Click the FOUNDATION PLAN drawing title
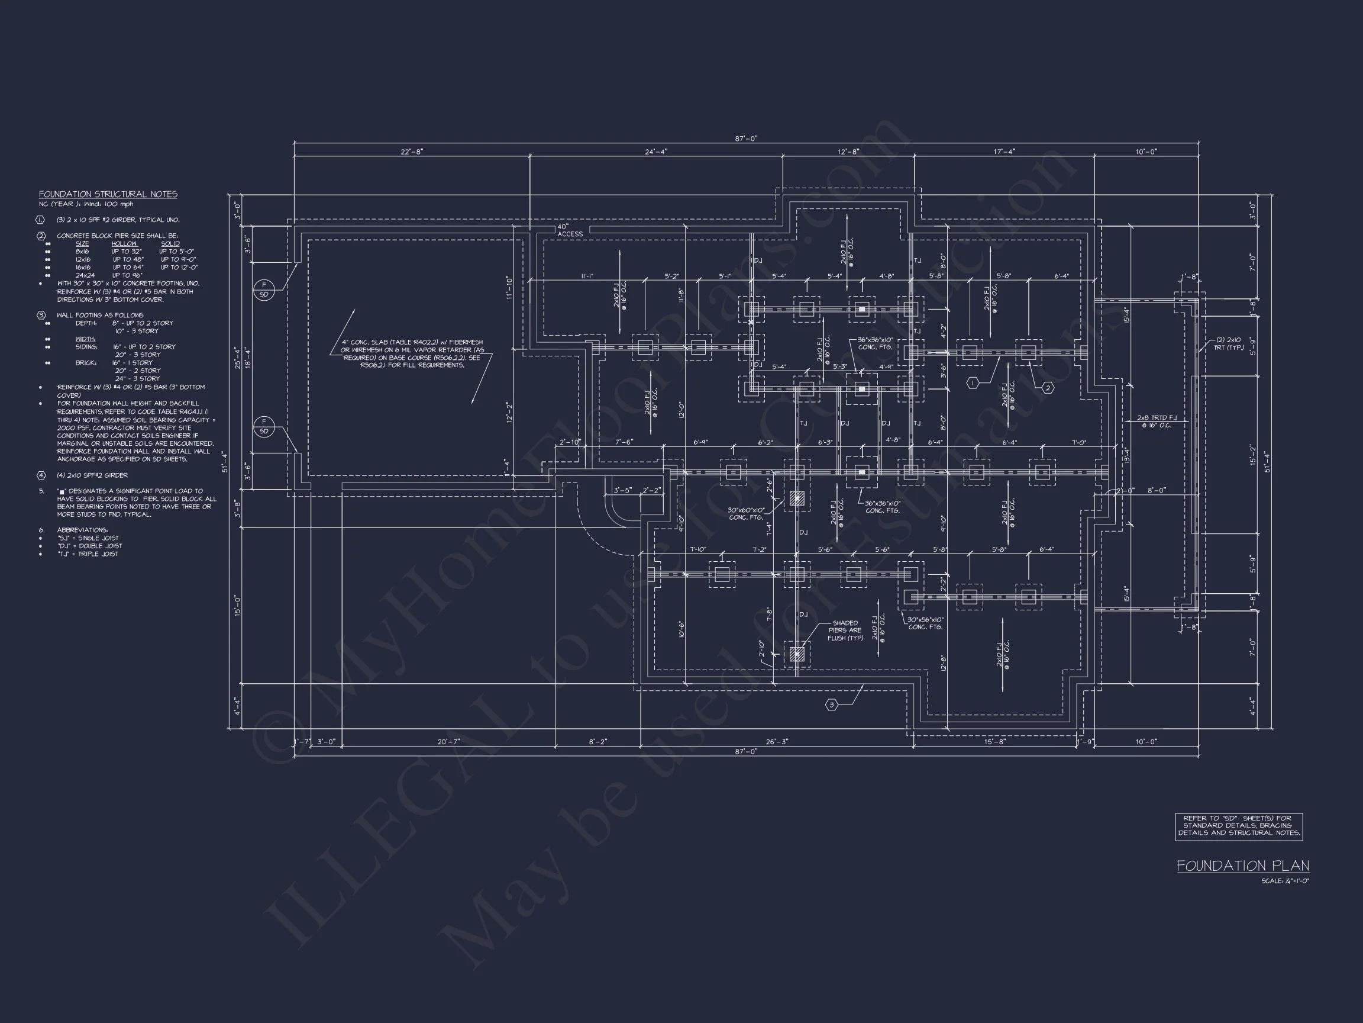1242,866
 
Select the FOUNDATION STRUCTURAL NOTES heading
108,194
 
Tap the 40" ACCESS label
569,231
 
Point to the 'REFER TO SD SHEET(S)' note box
1239,826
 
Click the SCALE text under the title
1285,881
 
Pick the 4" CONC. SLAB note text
412,353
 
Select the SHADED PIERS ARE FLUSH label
845,630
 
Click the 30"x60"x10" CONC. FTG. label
746,514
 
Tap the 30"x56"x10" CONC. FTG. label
925,623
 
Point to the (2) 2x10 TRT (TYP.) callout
1229,343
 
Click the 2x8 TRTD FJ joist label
1157,421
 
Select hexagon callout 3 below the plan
831,705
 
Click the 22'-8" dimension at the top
412,152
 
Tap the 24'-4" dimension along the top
655,152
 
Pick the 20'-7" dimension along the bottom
448,742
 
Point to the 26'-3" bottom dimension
776,742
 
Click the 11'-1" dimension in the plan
587,276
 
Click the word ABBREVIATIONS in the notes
82,530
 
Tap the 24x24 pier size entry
85,275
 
